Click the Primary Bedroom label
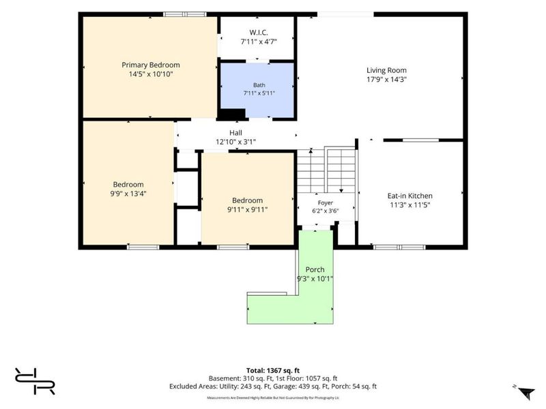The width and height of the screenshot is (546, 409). [x=150, y=65]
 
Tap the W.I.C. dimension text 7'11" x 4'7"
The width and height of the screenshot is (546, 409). [x=259, y=42]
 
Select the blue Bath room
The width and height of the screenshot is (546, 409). [x=257, y=91]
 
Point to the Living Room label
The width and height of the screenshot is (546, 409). [x=386, y=70]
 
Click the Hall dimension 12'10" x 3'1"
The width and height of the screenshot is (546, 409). [x=235, y=142]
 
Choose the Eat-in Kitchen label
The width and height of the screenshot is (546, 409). [x=410, y=196]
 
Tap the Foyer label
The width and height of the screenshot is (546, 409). [x=326, y=202]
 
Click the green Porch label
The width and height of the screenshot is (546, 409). [x=315, y=269]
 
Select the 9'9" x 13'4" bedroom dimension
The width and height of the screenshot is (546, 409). [x=128, y=194]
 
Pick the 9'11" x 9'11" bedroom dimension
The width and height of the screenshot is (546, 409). [x=247, y=210]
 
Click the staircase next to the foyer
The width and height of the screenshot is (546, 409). [x=326, y=170]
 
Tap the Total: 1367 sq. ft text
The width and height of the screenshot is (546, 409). [x=272, y=371]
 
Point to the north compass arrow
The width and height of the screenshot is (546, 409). [x=526, y=393]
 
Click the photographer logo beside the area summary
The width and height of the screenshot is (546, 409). [x=35, y=381]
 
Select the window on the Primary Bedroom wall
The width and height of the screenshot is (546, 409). [x=185, y=14]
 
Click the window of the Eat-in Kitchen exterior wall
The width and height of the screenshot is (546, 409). [x=399, y=247]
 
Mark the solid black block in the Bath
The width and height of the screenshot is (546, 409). [x=231, y=114]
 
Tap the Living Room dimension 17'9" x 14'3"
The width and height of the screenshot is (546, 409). [x=386, y=79]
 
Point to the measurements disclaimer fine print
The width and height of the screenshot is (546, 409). [x=272, y=397]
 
